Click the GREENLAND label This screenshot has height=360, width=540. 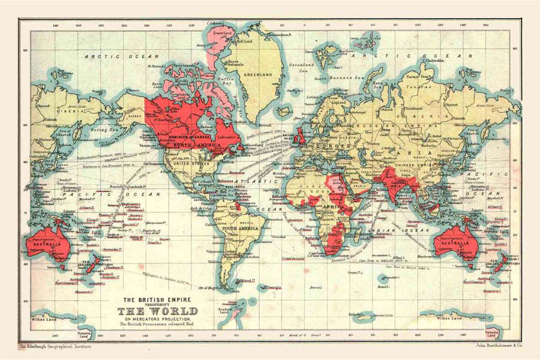click(257, 74)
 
